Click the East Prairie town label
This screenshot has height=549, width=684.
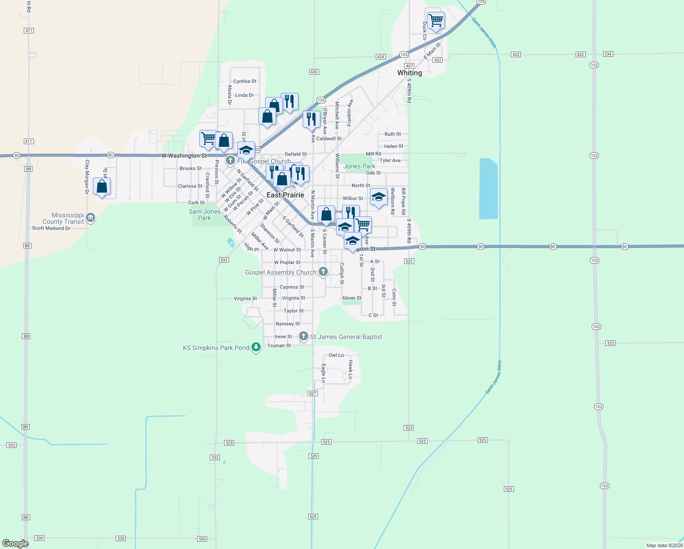pos(285,195)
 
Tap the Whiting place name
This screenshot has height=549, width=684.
pos(409,73)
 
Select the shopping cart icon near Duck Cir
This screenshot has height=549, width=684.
pos(436,21)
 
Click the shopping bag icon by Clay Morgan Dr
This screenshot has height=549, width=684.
pos(102,187)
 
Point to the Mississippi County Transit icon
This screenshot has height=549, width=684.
pos(91,217)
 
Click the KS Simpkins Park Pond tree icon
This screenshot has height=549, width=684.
pos(256,347)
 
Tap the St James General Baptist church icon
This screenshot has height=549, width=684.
pos(303,336)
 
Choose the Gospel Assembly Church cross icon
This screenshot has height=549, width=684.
pos(323,272)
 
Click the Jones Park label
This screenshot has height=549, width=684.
pos(359,166)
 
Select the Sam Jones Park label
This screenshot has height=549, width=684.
pos(204,215)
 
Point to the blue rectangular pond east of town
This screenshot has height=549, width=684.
pos(488,188)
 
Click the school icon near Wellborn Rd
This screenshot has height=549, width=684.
pos(378,197)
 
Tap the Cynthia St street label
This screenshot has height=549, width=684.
pos(245,81)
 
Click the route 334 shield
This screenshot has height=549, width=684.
pos(608,54)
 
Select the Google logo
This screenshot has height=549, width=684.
pos(15,544)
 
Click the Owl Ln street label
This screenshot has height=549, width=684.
pos(336,355)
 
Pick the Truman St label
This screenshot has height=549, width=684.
pos(279,345)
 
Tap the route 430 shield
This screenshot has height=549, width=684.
pos(314,72)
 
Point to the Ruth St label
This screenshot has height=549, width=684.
pos(392,134)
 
